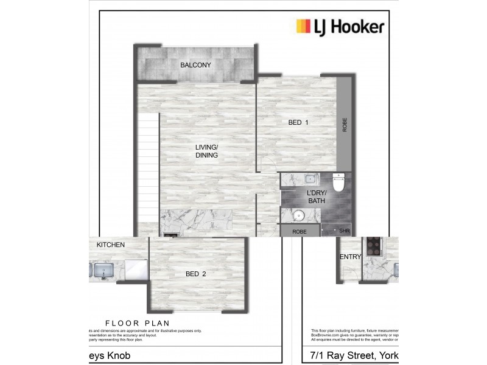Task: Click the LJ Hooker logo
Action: coord(340,26)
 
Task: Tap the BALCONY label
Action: coord(195,65)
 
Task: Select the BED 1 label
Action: coord(298,123)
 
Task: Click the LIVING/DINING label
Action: coord(206,151)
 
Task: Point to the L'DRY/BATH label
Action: coord(317,197)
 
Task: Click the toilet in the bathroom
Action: coord(338,181)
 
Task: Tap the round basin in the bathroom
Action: coord(299,217)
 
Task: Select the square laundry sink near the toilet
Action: coord(310,179)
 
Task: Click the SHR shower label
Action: coord(345,231)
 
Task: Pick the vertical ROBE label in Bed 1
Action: coord(345,125)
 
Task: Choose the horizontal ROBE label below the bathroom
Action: coord(299,232)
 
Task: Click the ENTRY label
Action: coord(351,257)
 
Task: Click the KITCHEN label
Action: coord(111,245)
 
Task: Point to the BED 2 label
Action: coord(195,274)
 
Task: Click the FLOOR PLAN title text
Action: coord(137,323)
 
